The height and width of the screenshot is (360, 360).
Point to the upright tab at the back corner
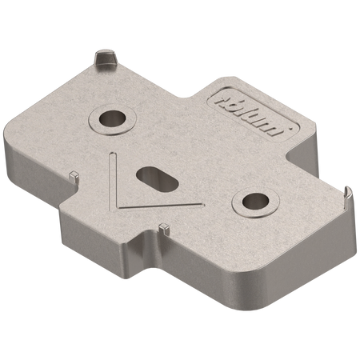coord(103,59)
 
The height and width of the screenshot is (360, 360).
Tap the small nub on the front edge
coord(162,228)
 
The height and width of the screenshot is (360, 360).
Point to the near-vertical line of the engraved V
coord(115,178)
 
